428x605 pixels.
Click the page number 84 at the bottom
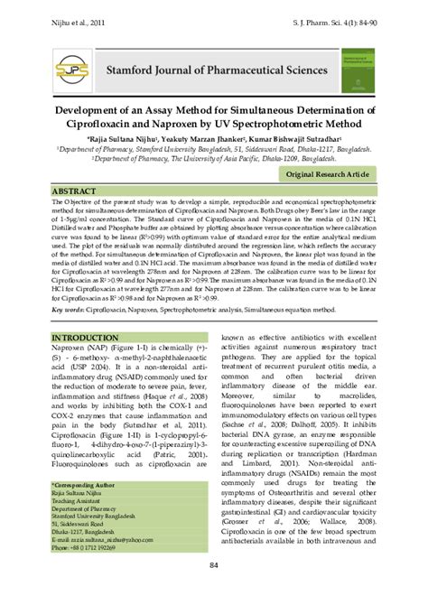[213, 565]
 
